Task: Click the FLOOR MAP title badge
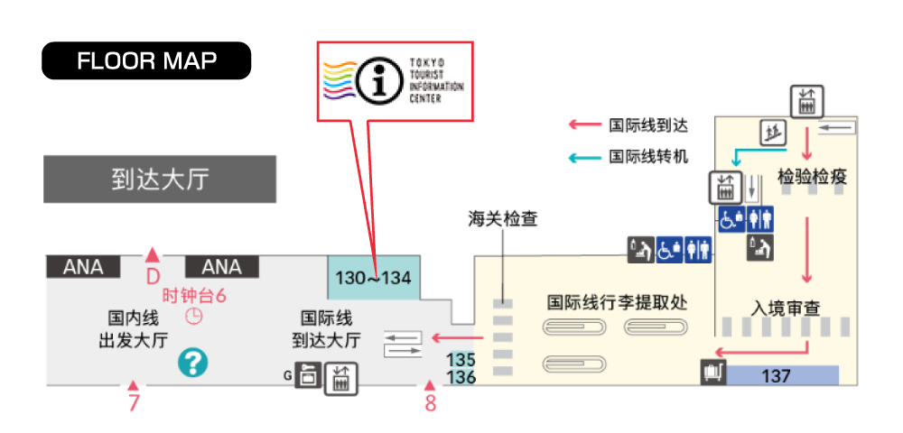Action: pos(146,60)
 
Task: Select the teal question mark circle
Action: pos(192,363)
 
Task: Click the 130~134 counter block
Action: pos(374,278)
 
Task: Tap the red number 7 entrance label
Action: pos(134,402)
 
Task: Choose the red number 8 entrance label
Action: pos(430,402)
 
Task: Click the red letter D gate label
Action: pos(152,277)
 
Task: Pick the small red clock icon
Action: pos(194,317)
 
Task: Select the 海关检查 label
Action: pos(503,218)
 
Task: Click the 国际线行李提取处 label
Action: pos(618,302)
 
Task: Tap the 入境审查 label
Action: pos(786,308)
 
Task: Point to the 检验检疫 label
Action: pos(812,177)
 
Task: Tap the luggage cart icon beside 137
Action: pos(713,372)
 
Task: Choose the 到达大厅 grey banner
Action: pos(160,180)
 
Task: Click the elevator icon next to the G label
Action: pos(341,378)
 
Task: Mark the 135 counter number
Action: pos(461,360)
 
